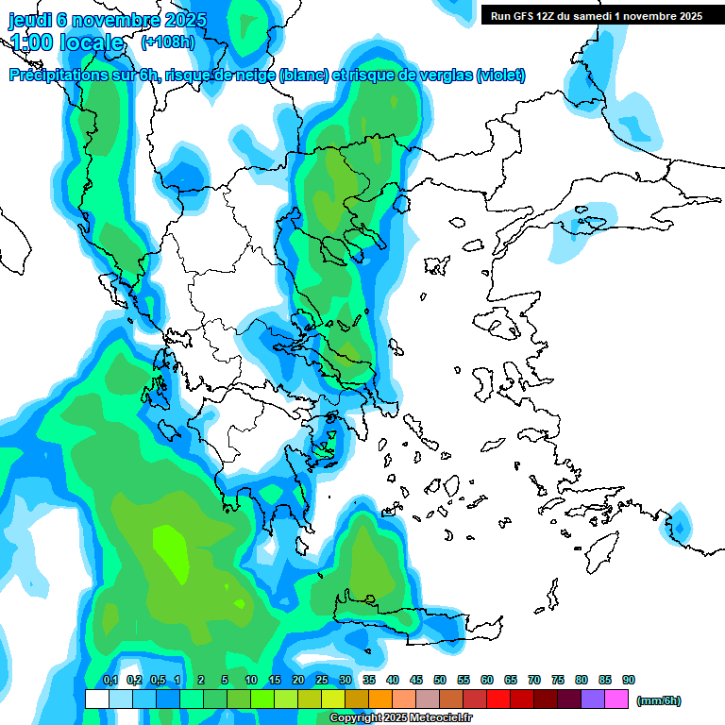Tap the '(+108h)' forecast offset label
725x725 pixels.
tap(167, 42)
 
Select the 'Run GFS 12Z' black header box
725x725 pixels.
tap(596, 15)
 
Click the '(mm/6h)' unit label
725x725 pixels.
tap(659, 700)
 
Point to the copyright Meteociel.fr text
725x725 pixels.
tap(400, 718)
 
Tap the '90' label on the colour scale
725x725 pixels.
tap(629, 680)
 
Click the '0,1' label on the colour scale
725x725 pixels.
tap(110, 680)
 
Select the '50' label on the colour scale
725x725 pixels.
tap(440, 680)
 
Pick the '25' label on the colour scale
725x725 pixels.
tap(322, 680)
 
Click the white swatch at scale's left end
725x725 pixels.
tap(96, 699)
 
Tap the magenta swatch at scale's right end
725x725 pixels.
tap(616, 699)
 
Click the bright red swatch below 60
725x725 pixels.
tap(498, 699)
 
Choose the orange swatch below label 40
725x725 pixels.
tap(380, 699)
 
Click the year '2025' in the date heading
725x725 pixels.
tap(165, 19)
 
